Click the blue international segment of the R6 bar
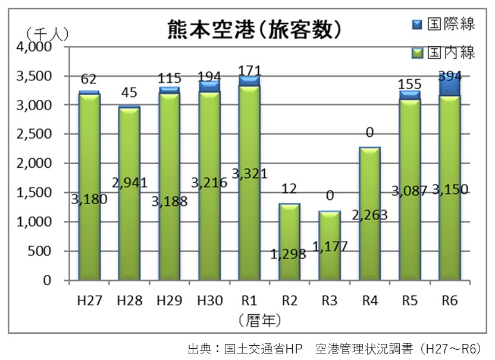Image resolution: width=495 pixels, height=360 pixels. (x=450, y=86)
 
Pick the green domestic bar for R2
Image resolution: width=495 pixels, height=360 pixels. (x=290, y=241)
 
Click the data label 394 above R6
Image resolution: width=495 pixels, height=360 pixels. (x=450, y=76)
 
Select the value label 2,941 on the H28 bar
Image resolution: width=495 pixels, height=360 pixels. (x=129, y=183)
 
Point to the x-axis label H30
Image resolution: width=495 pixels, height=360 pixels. (x=209, y=300)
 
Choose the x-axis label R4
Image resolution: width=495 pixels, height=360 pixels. (x=369, y=300)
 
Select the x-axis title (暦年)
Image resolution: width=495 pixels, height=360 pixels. (x=260, y=320)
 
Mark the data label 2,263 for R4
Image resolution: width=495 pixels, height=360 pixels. (x=369, y=215)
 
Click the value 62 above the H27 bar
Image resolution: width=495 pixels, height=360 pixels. (x=89, y=79)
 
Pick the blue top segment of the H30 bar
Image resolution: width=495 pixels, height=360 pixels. (x=209, y=87)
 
